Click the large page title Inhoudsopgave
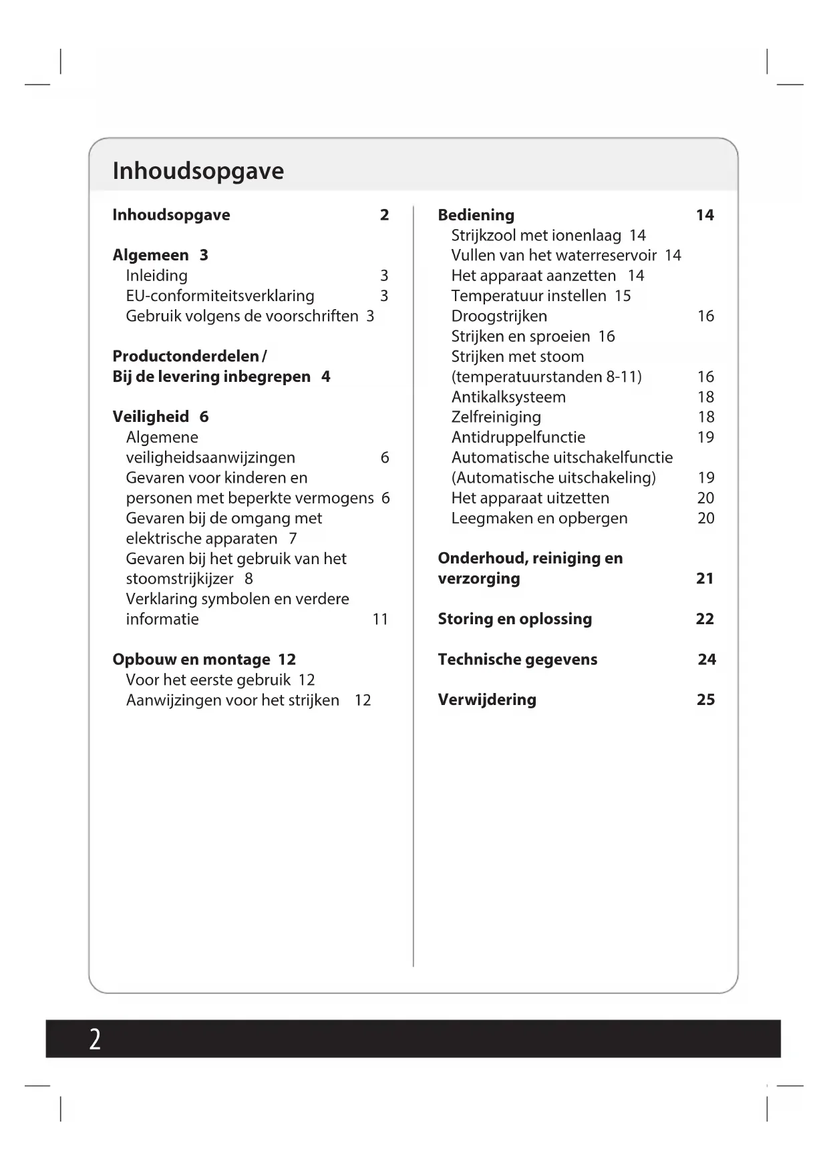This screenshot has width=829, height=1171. coord(198,171)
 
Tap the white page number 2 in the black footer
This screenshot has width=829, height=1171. coord(95,1039)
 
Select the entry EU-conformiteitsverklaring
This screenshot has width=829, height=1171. coord(220,296)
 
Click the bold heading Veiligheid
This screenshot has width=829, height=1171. coord(151,417)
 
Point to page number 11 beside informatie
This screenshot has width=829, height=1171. coord(380,619)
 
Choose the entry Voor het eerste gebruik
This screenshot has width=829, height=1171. coord(208,680)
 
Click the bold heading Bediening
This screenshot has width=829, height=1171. coord(476,215)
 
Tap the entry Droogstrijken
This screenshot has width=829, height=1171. coord(499,316)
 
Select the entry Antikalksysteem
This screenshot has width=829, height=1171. coord(508,397)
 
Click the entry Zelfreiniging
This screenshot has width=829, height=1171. coord(496,417)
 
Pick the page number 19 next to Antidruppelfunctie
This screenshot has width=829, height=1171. coord(705,437)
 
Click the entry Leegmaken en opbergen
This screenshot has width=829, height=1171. coord(539,518)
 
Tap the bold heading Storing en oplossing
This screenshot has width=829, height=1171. coord(514,619)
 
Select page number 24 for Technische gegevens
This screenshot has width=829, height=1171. coord(707,660)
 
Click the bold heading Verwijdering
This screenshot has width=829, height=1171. coord(487,700)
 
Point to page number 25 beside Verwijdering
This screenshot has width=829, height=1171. coord(705,700)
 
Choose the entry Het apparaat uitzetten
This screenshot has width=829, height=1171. coord(530,498)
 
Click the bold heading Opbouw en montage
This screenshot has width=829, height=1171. coord(191,660)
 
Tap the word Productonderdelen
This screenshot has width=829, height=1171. coord(185,356)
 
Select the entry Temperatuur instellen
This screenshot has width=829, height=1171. coord(528,296)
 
